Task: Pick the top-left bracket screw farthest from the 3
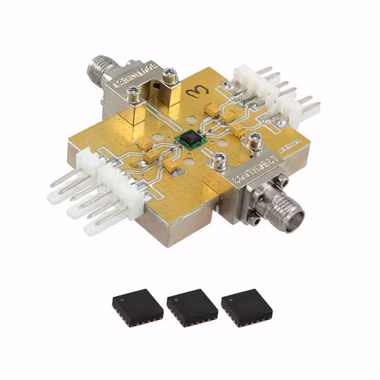pos(135,91)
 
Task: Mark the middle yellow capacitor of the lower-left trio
pos(152,156)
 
